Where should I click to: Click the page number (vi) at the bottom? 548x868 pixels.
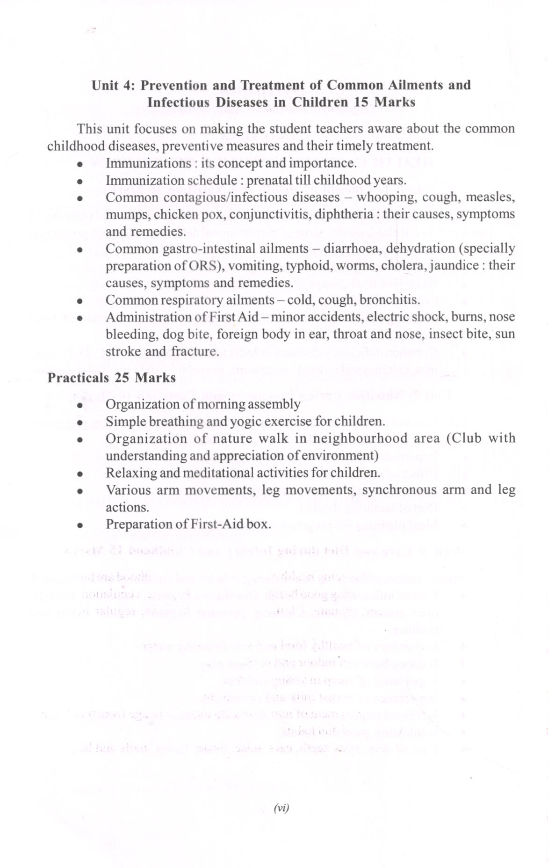[281, 808]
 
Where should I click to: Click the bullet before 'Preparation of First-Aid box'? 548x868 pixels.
[80, 525]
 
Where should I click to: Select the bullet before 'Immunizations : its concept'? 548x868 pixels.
[80, 164]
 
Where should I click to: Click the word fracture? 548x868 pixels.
[195, 351]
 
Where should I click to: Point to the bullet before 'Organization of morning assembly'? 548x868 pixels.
[80, 405]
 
